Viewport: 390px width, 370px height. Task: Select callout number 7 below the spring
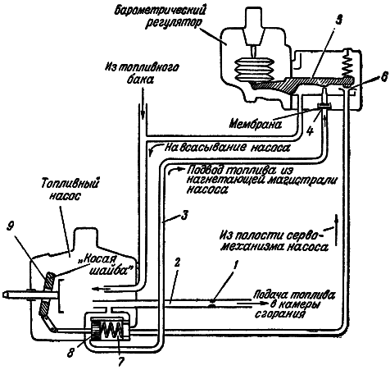[120, 362]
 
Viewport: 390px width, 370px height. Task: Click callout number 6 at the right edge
[383, 78]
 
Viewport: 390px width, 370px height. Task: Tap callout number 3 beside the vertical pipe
[184, 215]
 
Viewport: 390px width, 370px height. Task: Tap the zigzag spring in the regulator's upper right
[347, 63]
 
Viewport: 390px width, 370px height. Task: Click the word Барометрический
[160, 11]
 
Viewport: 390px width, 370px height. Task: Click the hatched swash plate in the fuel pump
[47, 295]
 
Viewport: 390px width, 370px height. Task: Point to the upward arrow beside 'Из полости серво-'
[336, 230]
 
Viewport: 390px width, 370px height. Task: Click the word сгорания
[279, 314]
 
